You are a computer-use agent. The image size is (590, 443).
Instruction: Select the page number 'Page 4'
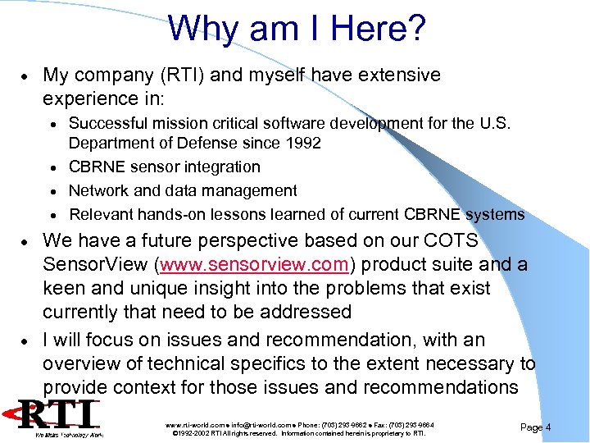tap(535, 427)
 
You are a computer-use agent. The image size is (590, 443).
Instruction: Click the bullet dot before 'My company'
tap(28, 76)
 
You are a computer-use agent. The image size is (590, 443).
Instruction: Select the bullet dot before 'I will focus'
tap(28, 340)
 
